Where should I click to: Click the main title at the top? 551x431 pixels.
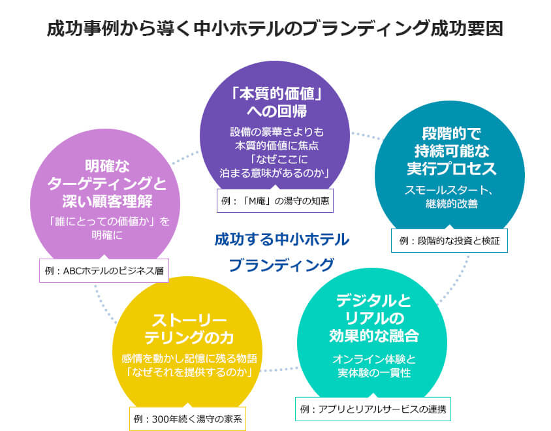(275, 29)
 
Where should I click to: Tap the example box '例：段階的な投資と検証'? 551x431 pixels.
(449, 241)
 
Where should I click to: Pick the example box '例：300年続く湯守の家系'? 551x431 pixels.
(187, 418)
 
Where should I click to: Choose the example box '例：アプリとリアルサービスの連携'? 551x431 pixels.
(373, 409)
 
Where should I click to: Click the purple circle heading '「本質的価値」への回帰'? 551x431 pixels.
(275, 101)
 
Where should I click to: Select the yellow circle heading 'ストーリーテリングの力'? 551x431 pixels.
(188, 330)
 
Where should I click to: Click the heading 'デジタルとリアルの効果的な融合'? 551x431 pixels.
(373, 318)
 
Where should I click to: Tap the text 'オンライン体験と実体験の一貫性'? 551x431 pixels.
(373, 366)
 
